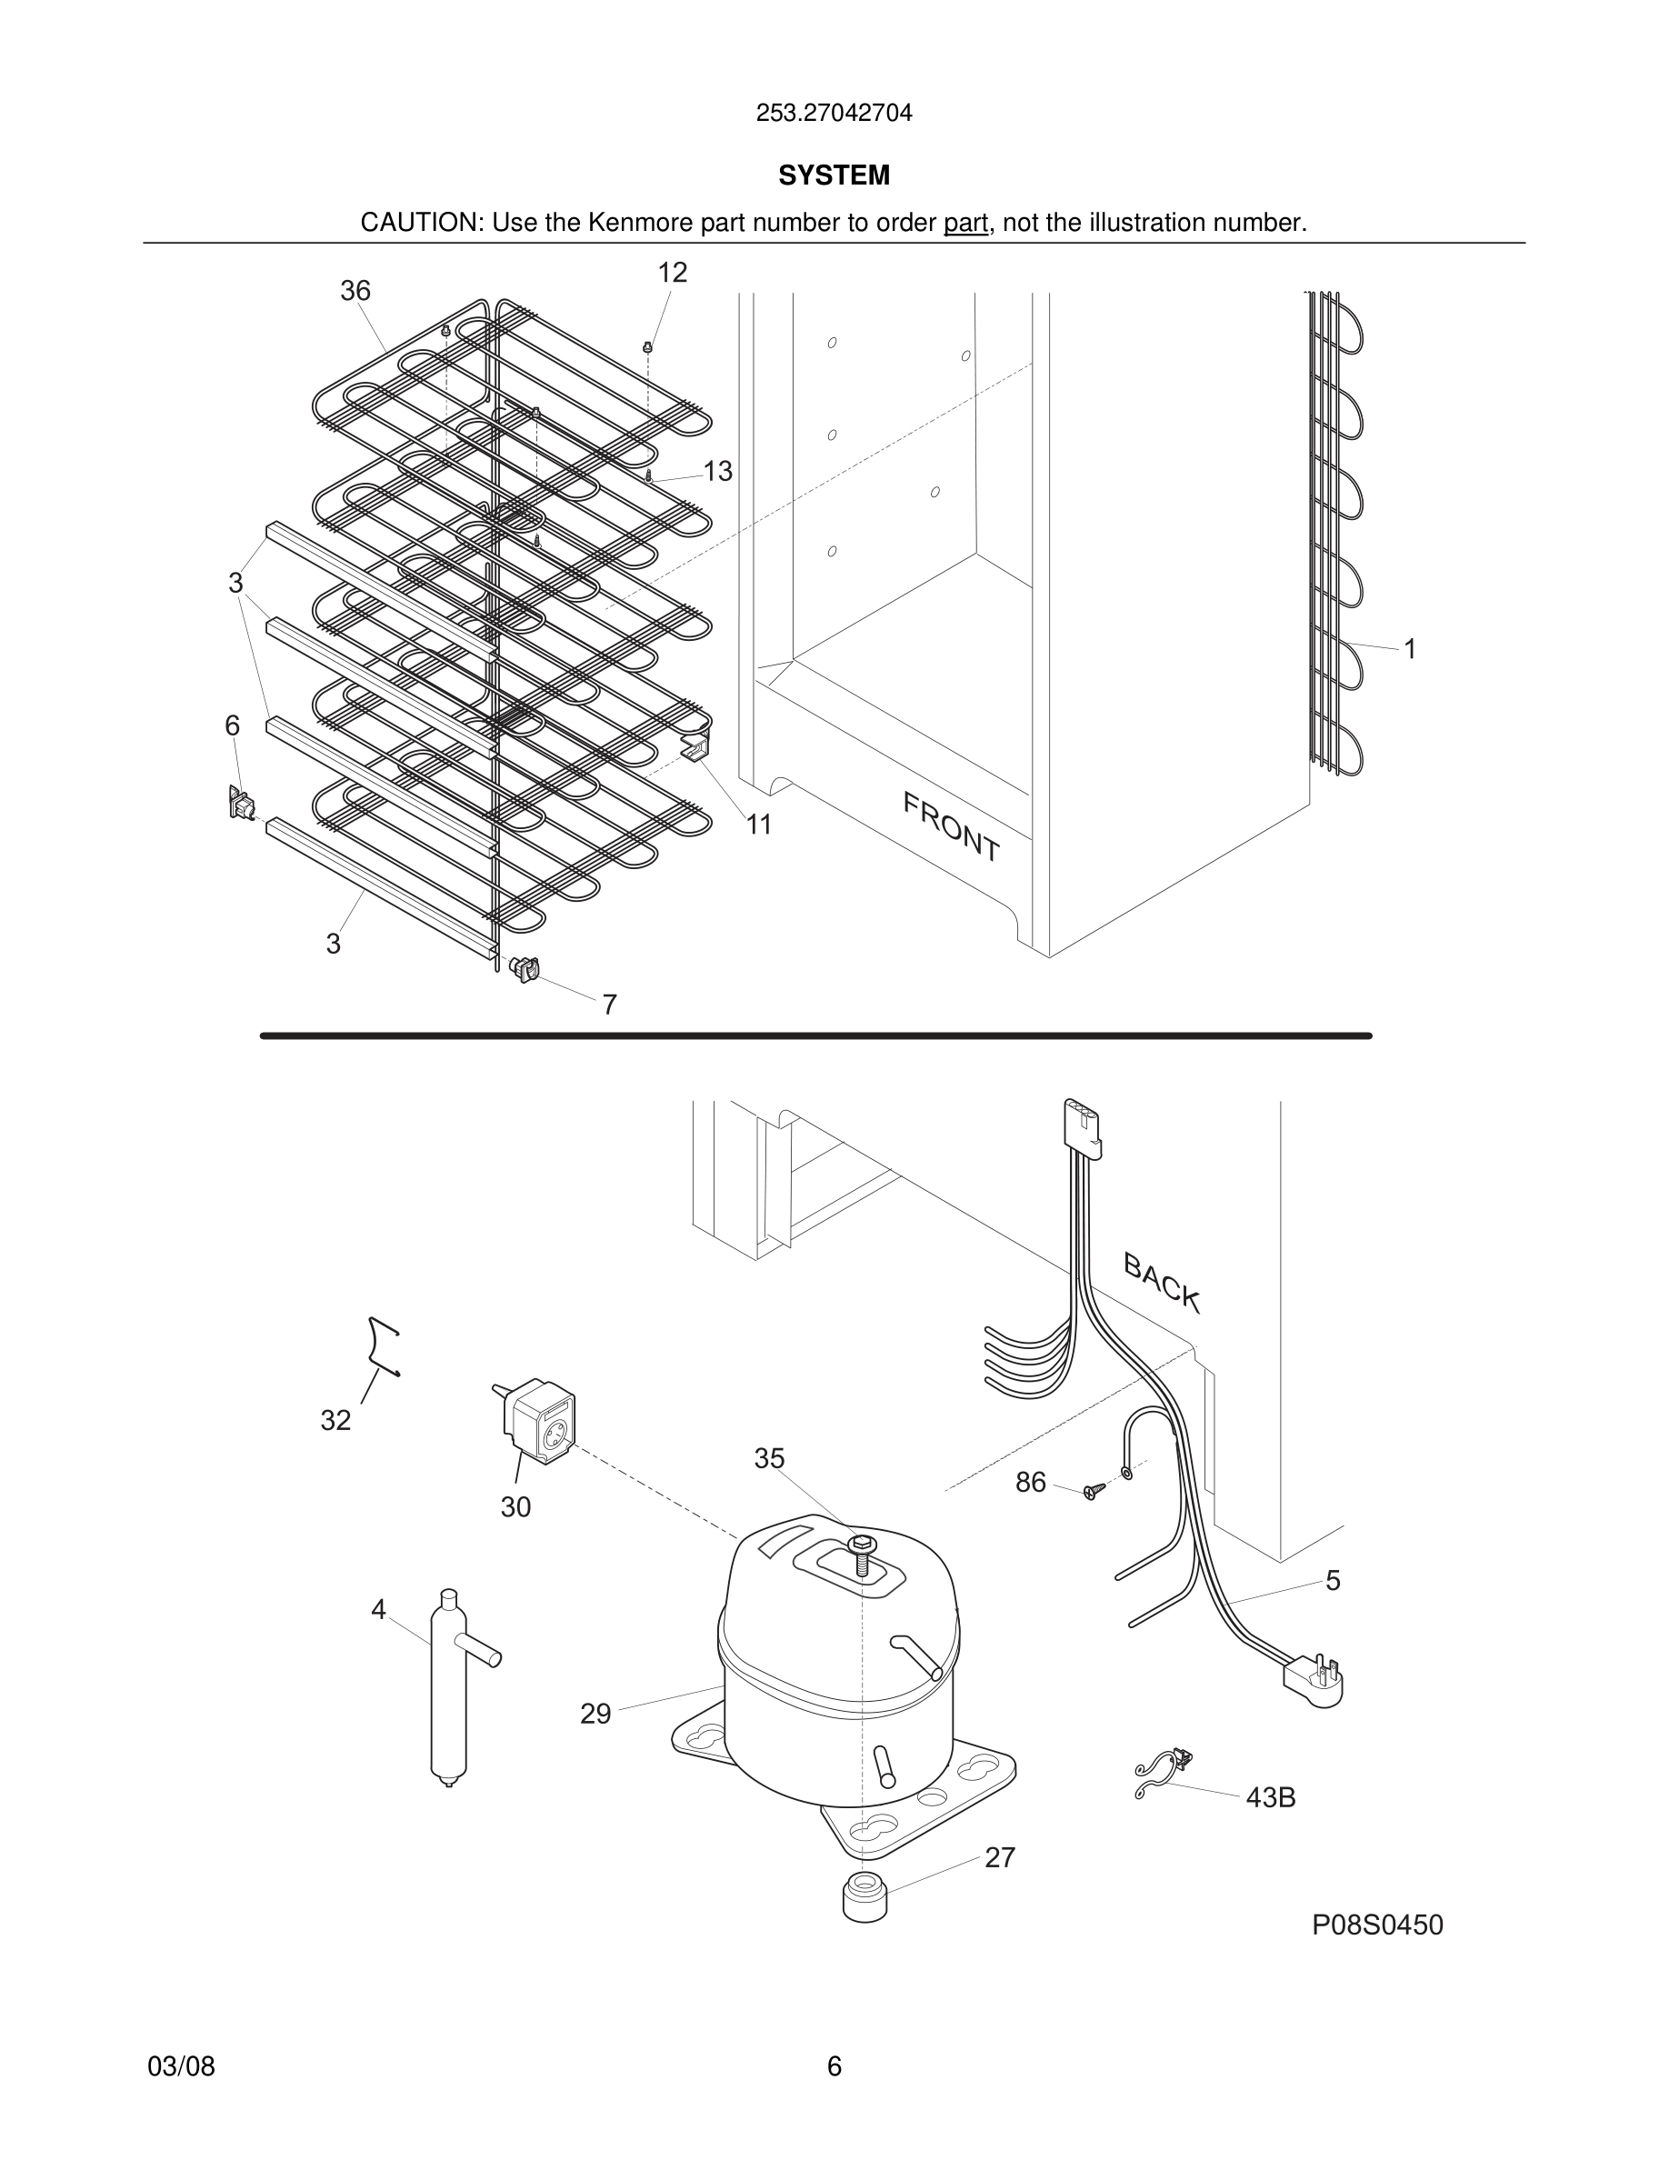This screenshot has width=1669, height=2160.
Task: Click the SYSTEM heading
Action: coord(834,175)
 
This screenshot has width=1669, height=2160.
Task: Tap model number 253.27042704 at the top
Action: coord(834,114)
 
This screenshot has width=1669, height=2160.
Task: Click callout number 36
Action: coord(355,291)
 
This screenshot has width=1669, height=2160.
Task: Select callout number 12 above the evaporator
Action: coord(673,273)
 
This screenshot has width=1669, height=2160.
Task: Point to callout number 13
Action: coord(718,472)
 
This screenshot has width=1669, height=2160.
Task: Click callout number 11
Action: coord(758,824)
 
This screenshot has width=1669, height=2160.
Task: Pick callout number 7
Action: coord(610,1005)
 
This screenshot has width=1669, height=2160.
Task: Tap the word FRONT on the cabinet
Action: coord(951,825)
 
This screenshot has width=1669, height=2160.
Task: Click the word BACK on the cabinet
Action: coord(1162,1283)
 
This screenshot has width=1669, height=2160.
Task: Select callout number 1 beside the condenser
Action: coord(1410,650)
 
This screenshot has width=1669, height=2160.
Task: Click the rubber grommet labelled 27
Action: coord(864,1898)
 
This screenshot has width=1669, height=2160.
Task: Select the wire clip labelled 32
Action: coord(383,1346)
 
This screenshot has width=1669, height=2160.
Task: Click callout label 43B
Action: coord(1271,1797)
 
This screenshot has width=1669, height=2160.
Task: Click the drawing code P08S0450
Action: coord(1377,1925)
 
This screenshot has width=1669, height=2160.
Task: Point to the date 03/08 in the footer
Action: coord(181,2066)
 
